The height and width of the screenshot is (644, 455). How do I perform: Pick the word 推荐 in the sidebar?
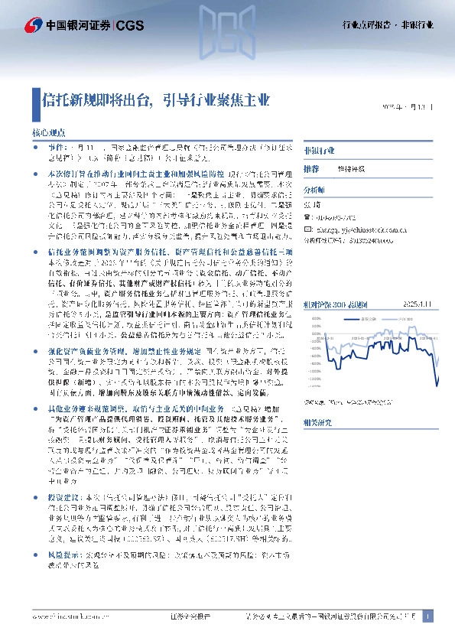[x=311, y=168]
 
